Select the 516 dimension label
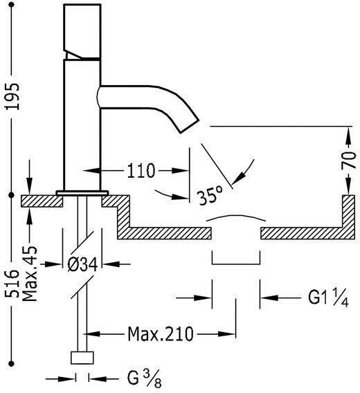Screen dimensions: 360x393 tap(12, 284)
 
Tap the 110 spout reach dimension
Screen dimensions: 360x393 tap(141, 170)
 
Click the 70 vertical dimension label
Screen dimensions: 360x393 tap(348, 161)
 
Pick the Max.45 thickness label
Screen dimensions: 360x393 tap(30, 274)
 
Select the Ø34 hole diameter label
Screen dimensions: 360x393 tap(82, 264)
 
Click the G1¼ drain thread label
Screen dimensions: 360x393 tap(328, 298)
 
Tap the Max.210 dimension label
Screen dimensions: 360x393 tap(161, 334)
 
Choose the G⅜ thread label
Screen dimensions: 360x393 tap(144, 378)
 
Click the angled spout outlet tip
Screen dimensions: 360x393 tap(190, 127)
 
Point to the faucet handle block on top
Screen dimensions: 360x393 tap(82, 31)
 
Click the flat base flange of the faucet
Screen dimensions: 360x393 tap(82, 193)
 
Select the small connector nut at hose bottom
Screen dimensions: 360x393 tap(82, 358)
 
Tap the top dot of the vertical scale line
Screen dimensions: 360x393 tap(11, 5)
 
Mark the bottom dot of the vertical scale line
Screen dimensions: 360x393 tap(11, 363)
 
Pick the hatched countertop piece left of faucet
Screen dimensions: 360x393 tap(42, 201)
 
